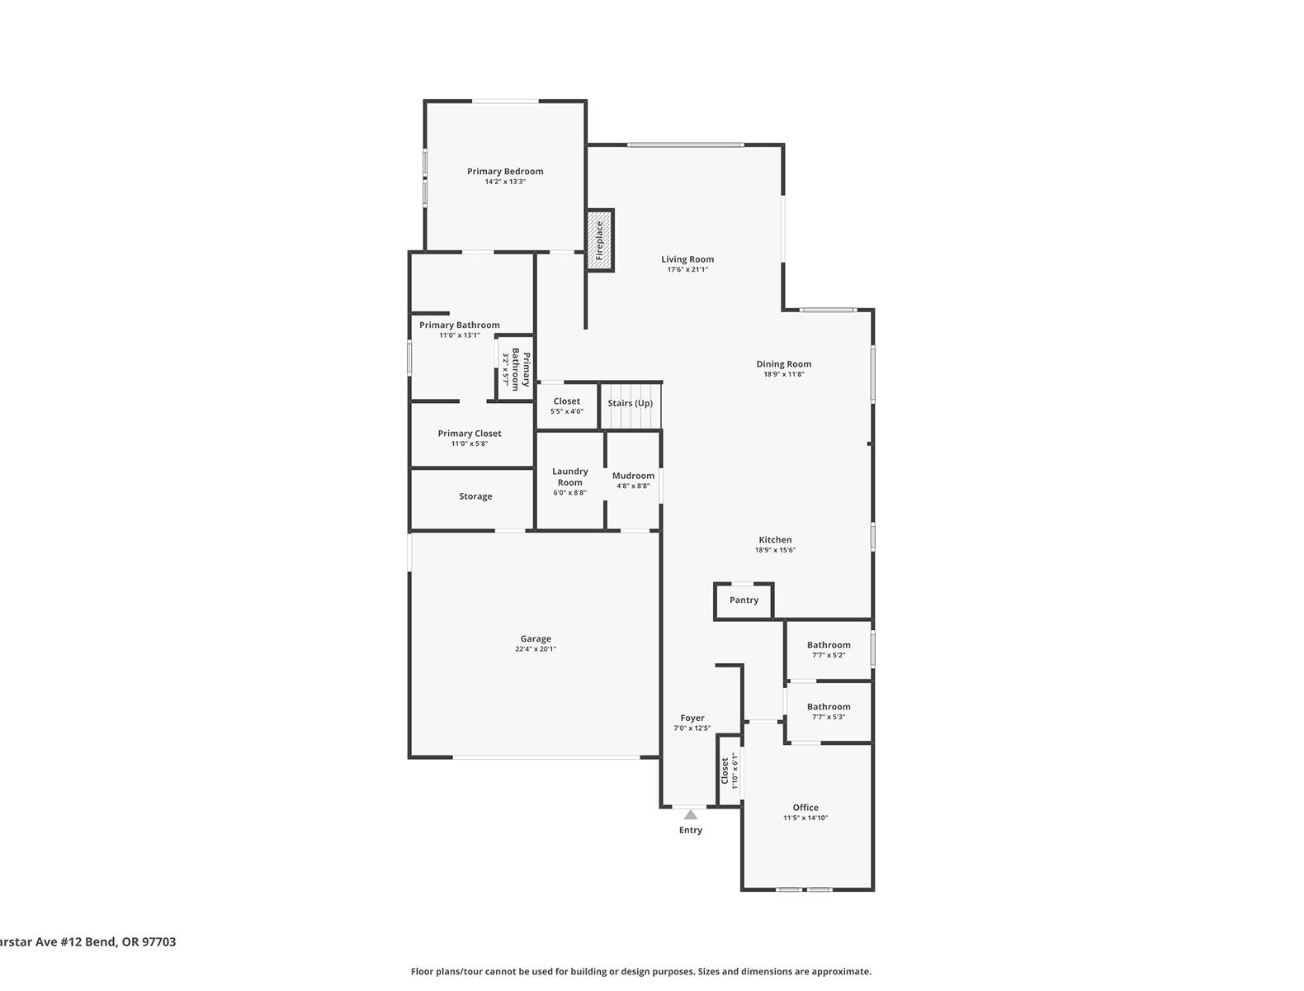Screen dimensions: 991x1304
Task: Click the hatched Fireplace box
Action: (x=600, y=240)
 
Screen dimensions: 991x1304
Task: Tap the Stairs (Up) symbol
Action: (x=631, y=406)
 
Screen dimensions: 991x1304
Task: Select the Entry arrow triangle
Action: (x=691, y=815)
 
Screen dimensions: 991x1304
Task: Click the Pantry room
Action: (x=744, y=600)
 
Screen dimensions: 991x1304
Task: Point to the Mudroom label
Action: (x=633, y=476)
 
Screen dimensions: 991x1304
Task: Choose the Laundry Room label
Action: (x=569, y=477)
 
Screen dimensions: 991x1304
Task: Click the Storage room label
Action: (x=475, y=496)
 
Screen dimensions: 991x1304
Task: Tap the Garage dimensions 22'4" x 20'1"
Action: (x=536, y=649)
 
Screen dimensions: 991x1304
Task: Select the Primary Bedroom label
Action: (x=505, y=172)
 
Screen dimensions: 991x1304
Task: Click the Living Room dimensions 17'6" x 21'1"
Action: (x=687, y=270)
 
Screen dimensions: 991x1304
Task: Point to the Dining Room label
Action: (x=784, y=364)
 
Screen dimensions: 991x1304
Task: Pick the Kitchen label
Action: (x=775, y=540)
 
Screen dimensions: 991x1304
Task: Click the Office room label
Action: (x=806, y=808)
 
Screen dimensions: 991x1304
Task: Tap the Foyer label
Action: (x=692, y=718)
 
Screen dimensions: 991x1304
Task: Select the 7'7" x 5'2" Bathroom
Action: (x=828, y=650)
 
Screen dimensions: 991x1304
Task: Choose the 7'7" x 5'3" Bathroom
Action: (x=828, y=711)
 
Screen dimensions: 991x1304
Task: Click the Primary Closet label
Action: (x=470, y=434)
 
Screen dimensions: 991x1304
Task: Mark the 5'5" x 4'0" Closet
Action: (x=567, y=405)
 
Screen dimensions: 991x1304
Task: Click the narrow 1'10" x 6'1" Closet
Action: (x=729, y=771)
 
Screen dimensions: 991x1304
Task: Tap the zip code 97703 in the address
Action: (x=159, y=941)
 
